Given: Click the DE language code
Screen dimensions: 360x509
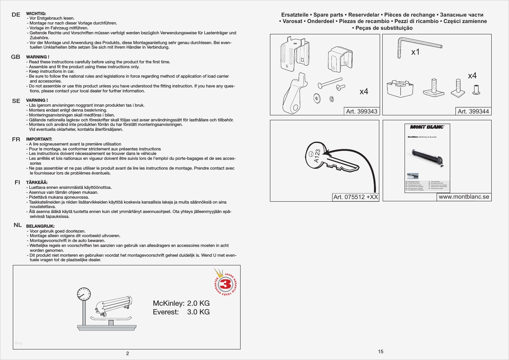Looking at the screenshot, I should pos(16,15).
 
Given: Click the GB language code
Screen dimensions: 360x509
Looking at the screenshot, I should pos(15,57).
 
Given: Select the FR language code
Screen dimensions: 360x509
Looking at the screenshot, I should pos(16,139).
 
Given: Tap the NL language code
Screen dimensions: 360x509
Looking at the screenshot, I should pos(18,225).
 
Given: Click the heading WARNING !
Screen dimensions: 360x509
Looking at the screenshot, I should pos(38,57).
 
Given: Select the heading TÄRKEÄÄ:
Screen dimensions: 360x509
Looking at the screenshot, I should pos(37,182).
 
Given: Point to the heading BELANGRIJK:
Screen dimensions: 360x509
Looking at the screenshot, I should pos(40,226).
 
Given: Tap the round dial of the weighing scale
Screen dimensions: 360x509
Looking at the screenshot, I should pos(84,294).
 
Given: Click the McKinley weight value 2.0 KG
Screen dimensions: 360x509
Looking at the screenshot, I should pos(198,303).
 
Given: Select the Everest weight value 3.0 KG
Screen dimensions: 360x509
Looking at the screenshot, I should pos(198,312).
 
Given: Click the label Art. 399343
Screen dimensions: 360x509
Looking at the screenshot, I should pos(362,111).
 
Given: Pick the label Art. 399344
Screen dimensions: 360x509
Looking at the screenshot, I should pos(473,111).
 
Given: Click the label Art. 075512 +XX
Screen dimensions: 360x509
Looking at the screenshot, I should pos(356,197).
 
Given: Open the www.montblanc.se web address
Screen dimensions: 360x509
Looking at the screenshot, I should pos(464,197).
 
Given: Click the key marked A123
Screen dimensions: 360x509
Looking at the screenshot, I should pos(328,157).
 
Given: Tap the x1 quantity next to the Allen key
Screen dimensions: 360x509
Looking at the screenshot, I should pos(415,52).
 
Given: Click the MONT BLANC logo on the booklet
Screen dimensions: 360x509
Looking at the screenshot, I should pos(427,127).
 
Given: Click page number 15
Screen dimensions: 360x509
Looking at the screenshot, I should pos(381,351).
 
